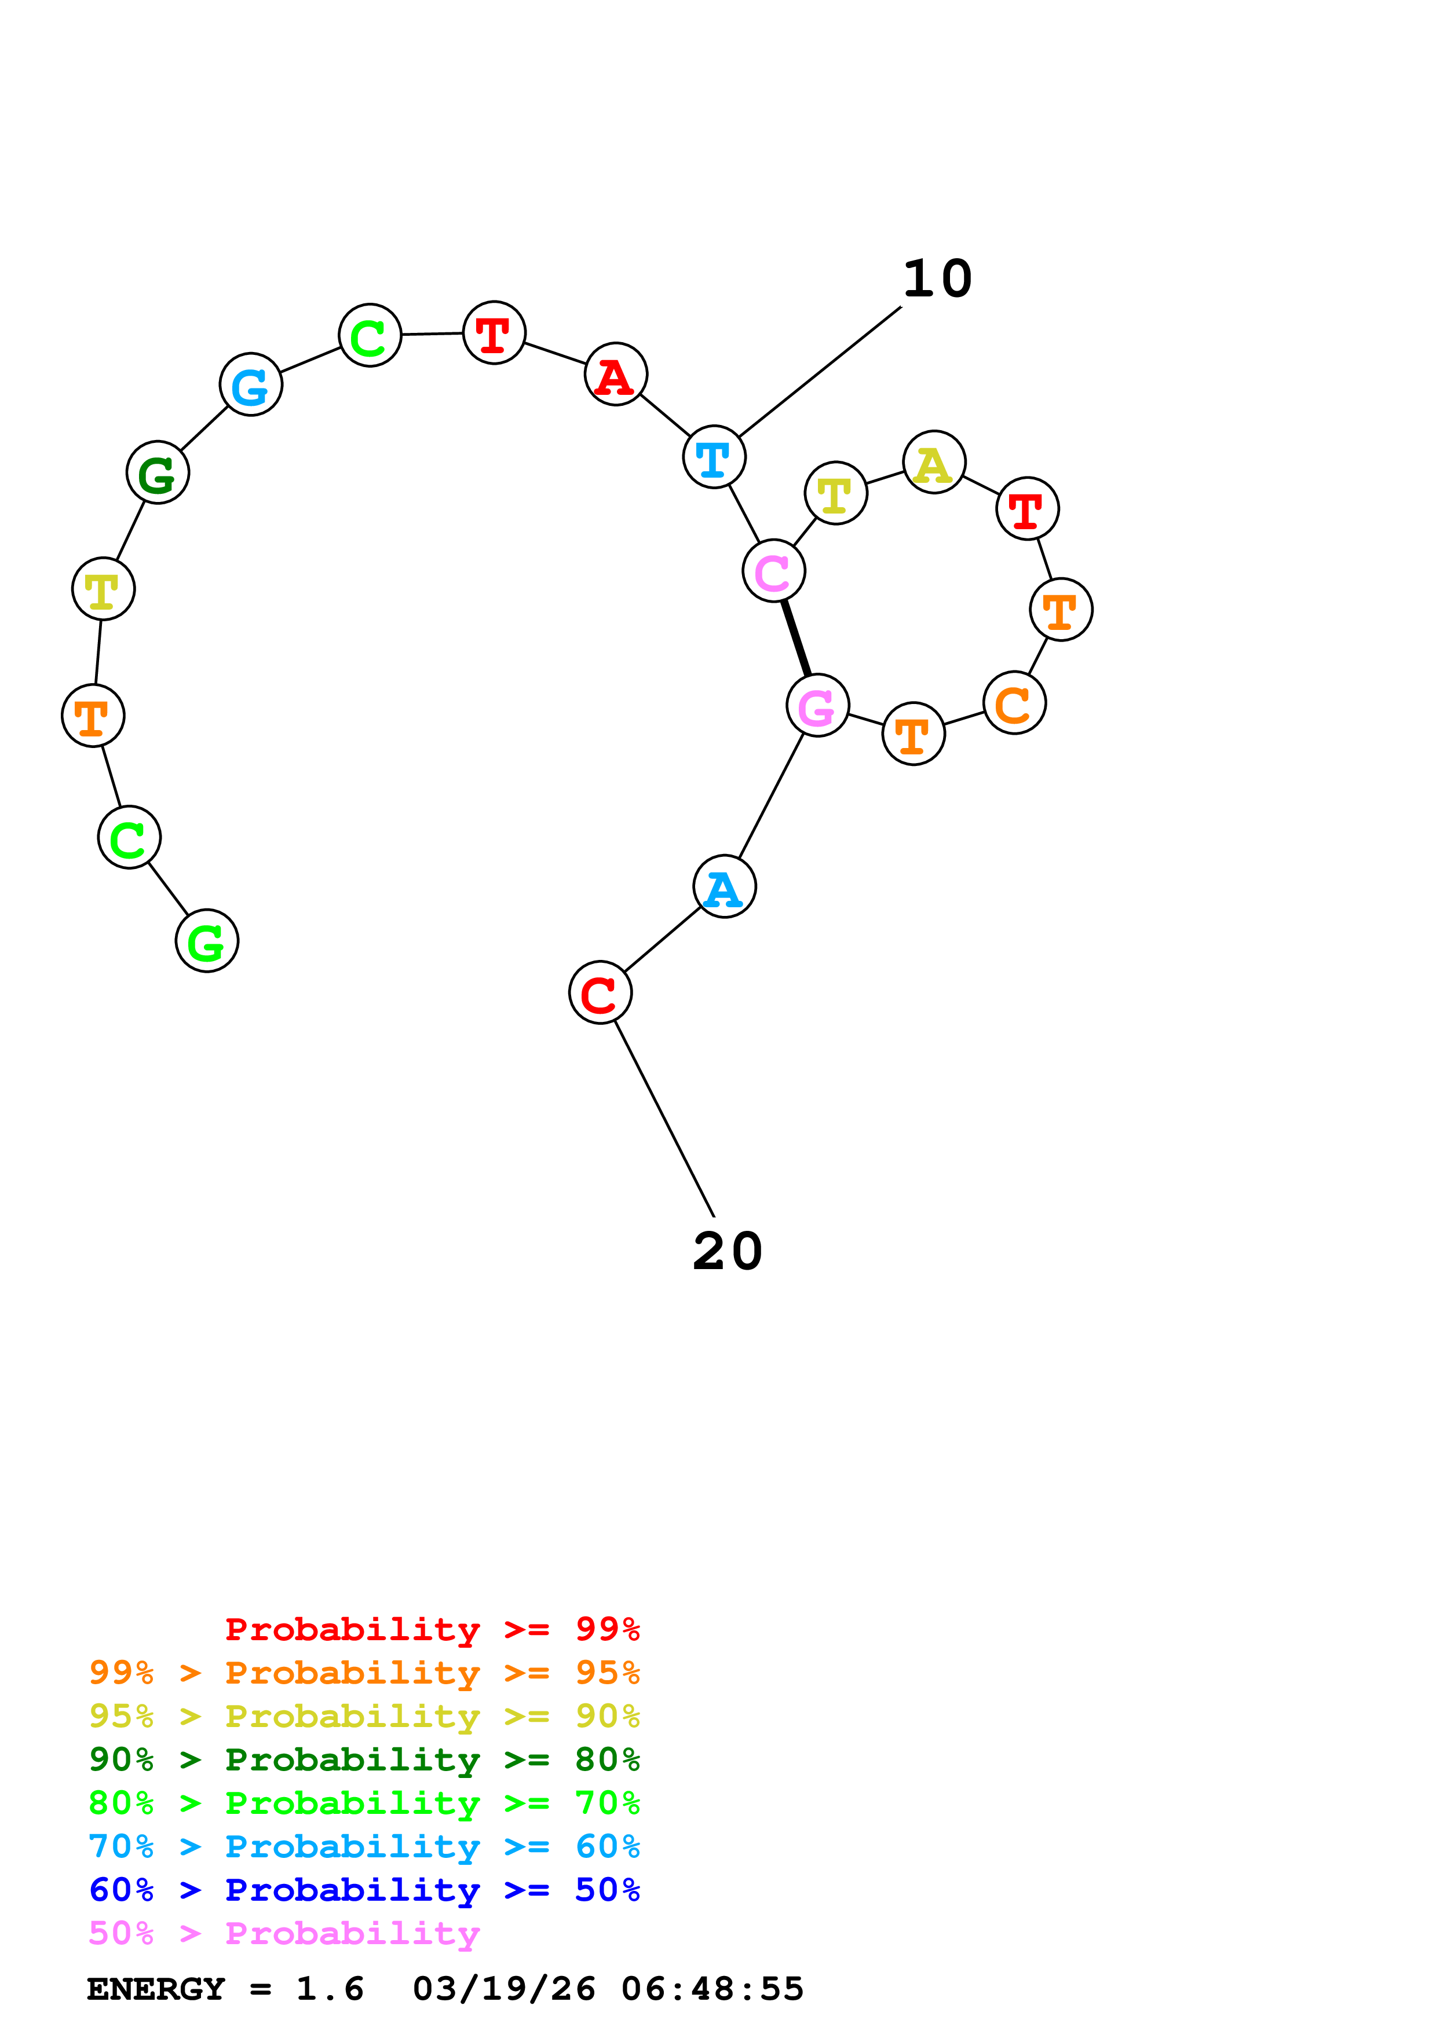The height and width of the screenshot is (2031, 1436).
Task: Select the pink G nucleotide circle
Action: click(817, 705)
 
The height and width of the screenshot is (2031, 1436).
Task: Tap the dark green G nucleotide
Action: click(158, 472)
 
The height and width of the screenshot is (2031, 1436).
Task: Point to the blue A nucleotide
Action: click(725, 886)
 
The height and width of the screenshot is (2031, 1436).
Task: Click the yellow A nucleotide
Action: click(934, 462)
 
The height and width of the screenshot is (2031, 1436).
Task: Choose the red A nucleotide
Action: click(616, 374)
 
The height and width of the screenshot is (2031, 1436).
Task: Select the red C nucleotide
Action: click(600, 992)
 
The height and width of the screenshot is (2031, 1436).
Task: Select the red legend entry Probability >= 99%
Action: click(433, 1629)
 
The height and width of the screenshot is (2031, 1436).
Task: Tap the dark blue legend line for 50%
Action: click(364, 1890)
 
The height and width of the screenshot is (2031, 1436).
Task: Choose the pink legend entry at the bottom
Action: click(284, 1934)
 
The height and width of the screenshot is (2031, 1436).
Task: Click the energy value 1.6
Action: click(330, 1989)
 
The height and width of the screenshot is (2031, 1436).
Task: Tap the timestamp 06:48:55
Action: click(712, 1989)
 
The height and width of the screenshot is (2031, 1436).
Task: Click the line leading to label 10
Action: click(820, 372)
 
